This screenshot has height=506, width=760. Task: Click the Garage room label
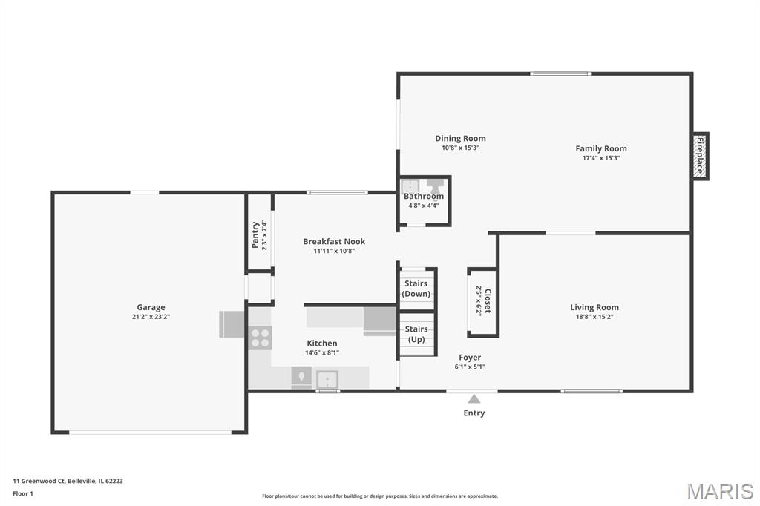pyautogui.click(x=151, y=307)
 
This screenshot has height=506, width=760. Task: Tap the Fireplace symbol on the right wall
pyautogui.click(x=700, y=156)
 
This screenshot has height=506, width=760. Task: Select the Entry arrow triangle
pyautogui.click(x=474, y=399)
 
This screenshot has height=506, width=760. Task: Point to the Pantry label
pyautogui.click(x=255, y=235)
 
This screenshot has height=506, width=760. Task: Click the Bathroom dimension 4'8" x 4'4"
pyautogui.click(x=424, y=206)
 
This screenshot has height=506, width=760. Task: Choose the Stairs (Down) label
pyautogui.click(x=416, y=289)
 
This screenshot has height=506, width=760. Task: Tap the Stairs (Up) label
pyautogui.click(x=416, y=334)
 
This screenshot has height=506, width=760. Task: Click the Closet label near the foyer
pyautogui.click(x=488, y=300)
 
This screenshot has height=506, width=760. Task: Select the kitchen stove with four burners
pyautogui.click(x=261, y=338)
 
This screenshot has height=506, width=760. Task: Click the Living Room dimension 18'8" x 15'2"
pyautogui.click(x=594, y=317)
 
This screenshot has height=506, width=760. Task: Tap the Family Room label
pyautogui.click(x=601, y=149)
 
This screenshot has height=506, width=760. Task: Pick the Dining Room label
pyautogui.click(x=460, y=139)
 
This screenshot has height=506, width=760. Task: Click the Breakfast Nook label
pyautogui.click(x=334, y=241)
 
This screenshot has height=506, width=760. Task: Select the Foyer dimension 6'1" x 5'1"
pyautogui.click(x=470, y=367)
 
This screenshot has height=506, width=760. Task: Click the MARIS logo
pyautogui.click(x=720, y=491)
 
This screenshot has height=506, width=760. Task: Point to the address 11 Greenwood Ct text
pyautogui.click(x=39, y=482)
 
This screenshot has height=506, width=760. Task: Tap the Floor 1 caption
pyautogui.click(x=23, y=494)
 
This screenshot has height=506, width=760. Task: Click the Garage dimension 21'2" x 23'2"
pyautogui.click(x=151, y=317)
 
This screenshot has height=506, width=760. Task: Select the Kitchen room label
pyautogui.click(x=322, y=344)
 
